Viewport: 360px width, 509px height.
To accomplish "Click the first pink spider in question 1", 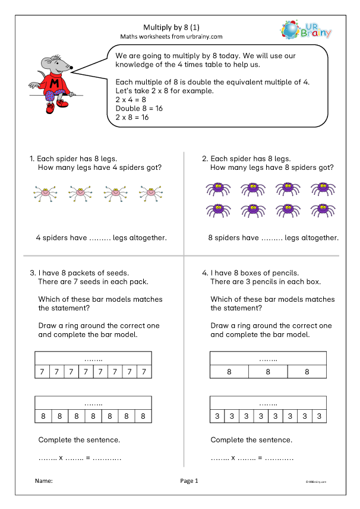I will click(44, 192).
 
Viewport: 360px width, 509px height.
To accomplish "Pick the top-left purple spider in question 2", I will click(215, 189).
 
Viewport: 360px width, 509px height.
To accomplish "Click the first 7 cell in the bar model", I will click(42, 372).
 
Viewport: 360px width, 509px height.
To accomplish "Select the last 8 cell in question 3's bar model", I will click(143, 416).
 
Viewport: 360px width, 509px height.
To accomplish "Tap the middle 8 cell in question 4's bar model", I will click(268, 372).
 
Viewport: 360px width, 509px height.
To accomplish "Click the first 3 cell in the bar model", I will click(217, 416).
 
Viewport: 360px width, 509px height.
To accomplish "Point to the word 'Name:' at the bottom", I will click(44, 480).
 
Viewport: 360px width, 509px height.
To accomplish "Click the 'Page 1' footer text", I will click(188, 480).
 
